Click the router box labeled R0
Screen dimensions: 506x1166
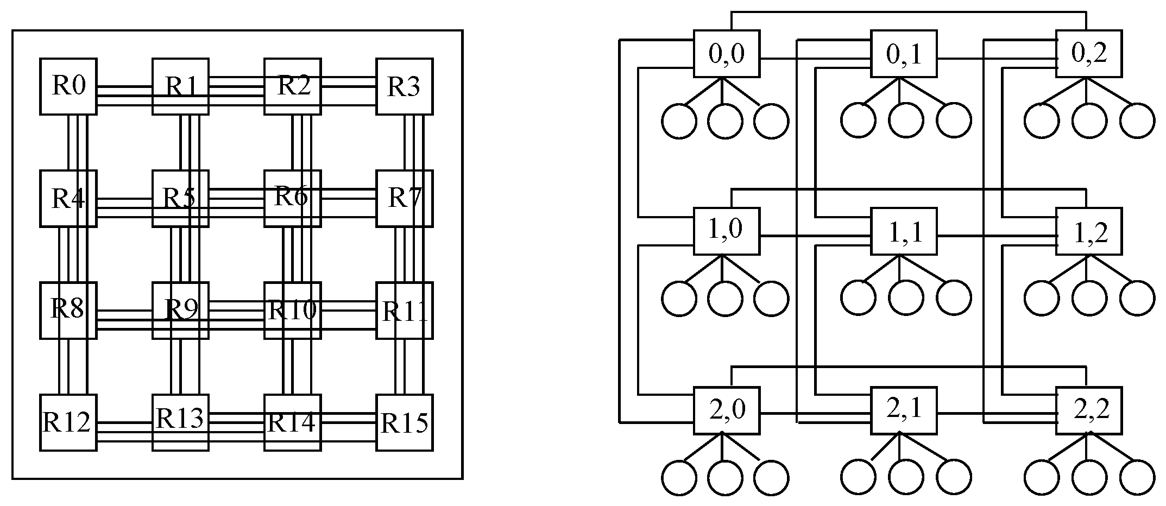(68, 86)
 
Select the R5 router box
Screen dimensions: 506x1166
(180, 198)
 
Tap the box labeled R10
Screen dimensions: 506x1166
(293, 311)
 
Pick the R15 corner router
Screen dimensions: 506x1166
(405, 422)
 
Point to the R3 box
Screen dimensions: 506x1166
(405, 86)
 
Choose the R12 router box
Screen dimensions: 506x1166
(68, 422)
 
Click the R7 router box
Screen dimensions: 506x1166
(405, 198)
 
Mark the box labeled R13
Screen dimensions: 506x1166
(180, 422)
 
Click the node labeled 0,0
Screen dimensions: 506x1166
(727, 54)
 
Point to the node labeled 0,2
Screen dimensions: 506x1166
(1089, 54)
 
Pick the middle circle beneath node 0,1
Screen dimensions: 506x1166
(906, 121)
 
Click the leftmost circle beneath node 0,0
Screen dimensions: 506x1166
(679, 121)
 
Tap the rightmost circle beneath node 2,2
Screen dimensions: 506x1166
(1138, 478)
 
